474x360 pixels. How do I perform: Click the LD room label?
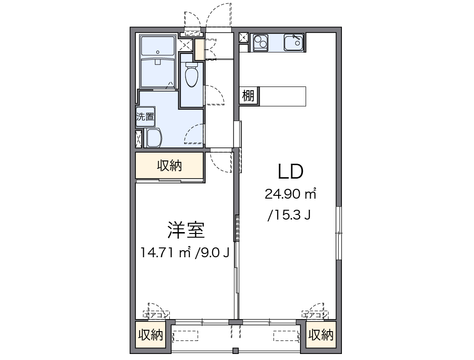[x=291, y=171]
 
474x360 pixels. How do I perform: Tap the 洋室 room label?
[x=186, y=230]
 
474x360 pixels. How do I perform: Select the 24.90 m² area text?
[x=291, y=194]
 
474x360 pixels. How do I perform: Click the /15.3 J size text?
[x=289, y=215]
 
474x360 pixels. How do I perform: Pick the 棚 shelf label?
[x=248, y=96]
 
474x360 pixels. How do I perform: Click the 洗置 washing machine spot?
[x=145, y=117]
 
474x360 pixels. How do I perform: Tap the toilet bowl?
[x=191, y=75]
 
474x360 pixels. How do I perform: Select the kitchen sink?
[x=293, y=42]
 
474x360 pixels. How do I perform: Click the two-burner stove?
[x=260, y=43]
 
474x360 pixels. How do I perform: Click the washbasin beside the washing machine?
[x=154, y=138]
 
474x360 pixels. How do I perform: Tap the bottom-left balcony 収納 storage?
[x=150, y=335]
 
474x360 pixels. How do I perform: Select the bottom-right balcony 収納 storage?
[x=321, y=335]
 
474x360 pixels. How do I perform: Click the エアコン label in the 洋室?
[x=156, y=315]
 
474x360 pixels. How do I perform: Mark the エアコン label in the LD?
[x=315, y=315]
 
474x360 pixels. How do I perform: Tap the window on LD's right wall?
[x=339, y=233]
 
